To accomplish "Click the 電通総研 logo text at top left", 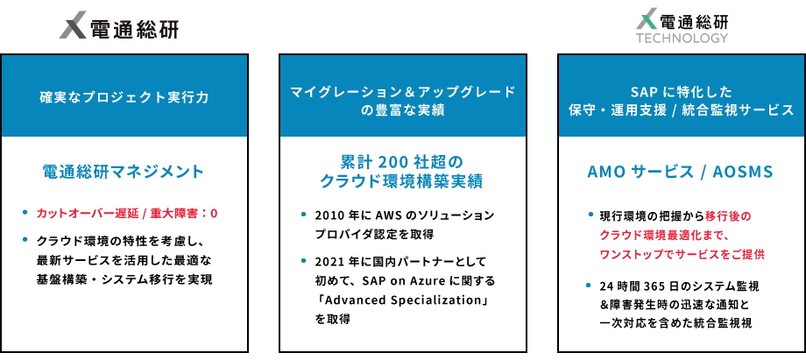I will point(133,29).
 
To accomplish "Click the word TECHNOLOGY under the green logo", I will point(682,38).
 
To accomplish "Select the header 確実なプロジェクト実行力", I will point(124,97).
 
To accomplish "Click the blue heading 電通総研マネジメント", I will point(124,172).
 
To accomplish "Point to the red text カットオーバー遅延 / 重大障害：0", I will point(126,213).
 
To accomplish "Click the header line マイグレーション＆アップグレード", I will point(403,90).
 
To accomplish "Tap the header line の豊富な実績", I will point(403,110).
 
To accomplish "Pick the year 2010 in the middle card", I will point(330,215).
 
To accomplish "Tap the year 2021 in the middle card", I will point(330,262).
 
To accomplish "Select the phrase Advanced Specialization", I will point(404,300).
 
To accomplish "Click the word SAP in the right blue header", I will point(644,90).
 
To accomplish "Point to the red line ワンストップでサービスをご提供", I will point(682,253).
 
